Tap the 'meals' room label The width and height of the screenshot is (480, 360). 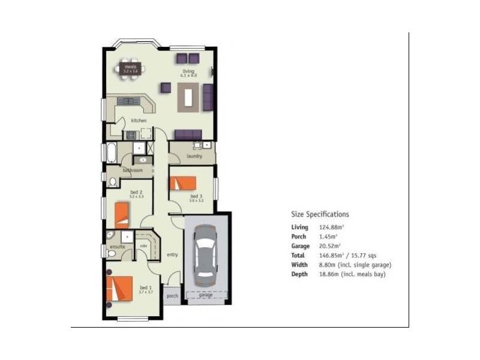click(x=130, y=66)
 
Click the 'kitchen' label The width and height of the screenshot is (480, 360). click(x=139, y=121)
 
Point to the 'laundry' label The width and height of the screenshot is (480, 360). click(x=194, y=156)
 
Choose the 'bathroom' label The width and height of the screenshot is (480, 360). click(x=133, y=170)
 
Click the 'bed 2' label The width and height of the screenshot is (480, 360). click(x=136, y=191)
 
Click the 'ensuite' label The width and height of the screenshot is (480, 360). click(x=116, y=247)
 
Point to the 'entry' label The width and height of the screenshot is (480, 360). click(x=173, y=255)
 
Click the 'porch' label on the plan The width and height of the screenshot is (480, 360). click(x=172, y=296)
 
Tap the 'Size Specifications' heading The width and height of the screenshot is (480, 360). click(x=320, y=214)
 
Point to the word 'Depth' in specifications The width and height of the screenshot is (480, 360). click(x=299, y=274)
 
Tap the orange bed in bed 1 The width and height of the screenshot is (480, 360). click(x=119, y=287)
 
